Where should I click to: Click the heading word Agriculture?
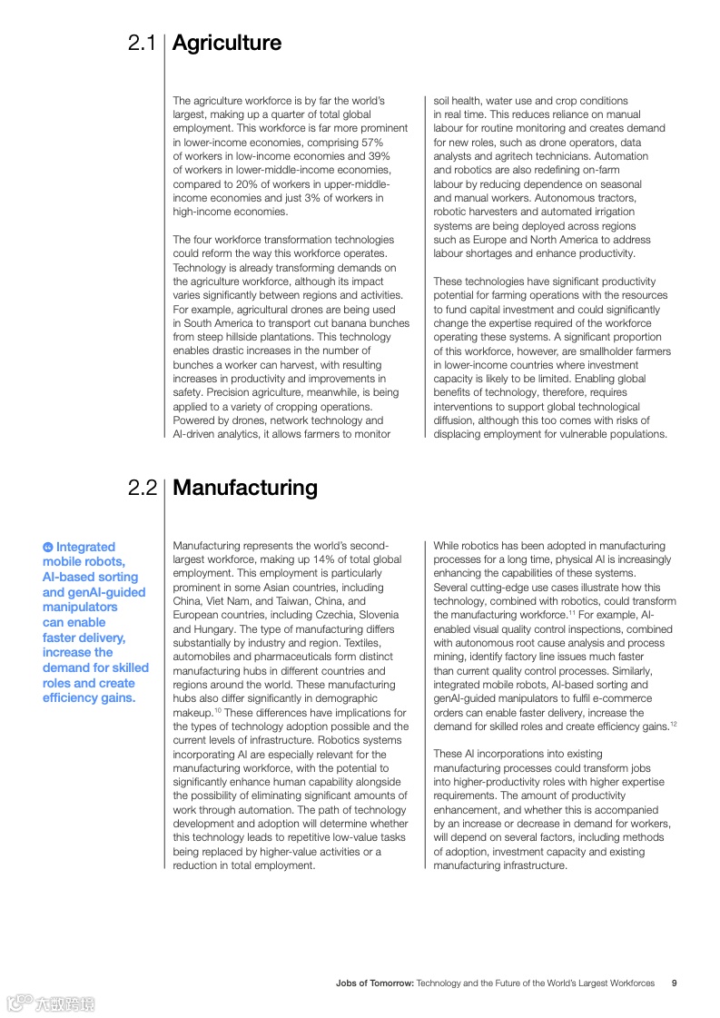pyautogui.click(x=226, y=43)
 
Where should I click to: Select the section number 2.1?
pyautogui.click(x=143, y=43)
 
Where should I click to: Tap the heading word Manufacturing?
pyautogui.click(x=244, y=488)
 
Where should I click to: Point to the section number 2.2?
pyautogui.click(x=143, y=488)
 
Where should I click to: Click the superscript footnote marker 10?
pyautogui.click(x=218, y=710)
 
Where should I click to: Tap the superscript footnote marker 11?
pyautogui.click(x=573, y=613)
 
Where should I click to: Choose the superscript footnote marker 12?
pyautogui.click(x=673, y=724)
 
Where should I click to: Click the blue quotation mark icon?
pyautogui.click(x=47, y=547)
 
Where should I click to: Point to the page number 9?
pyautogui.click(x=674, y=983)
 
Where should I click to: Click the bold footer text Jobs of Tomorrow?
pyautogui.click(x=374, y=983)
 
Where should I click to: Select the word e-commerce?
pyautogui.click(x=620, y=698)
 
